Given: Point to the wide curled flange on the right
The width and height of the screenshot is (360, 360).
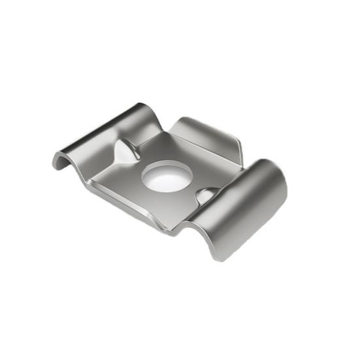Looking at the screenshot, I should [245, 203].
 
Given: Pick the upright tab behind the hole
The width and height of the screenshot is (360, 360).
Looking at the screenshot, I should [206, 137].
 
